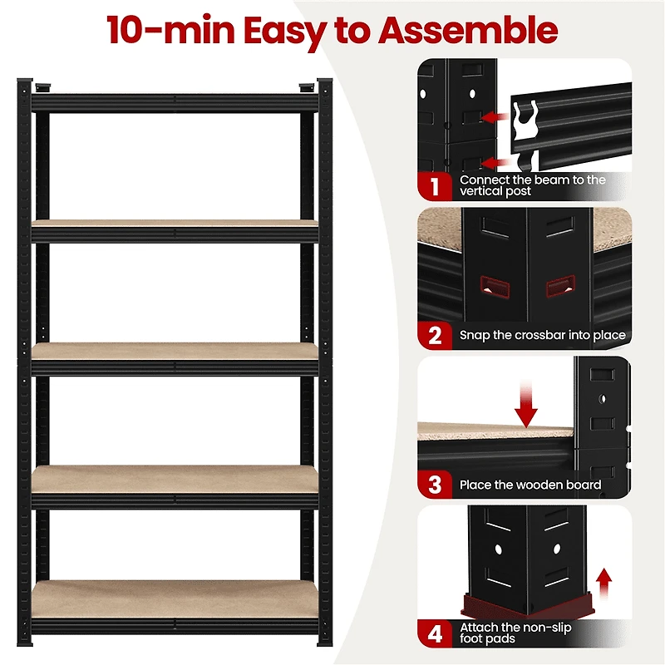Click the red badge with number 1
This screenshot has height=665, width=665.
coord(434,185)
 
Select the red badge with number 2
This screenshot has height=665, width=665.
coord(434,335)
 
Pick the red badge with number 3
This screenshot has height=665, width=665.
coord(434,485)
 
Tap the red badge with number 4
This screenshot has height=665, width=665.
coord(434,633)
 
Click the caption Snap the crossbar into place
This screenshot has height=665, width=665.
coord(542,336)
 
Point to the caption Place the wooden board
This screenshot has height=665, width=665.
coord(530,485)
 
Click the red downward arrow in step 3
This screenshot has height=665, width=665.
coord(526,404)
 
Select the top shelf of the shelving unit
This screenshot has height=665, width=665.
coord(175,103)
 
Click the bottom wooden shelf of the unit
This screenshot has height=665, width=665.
coord(175,597)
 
